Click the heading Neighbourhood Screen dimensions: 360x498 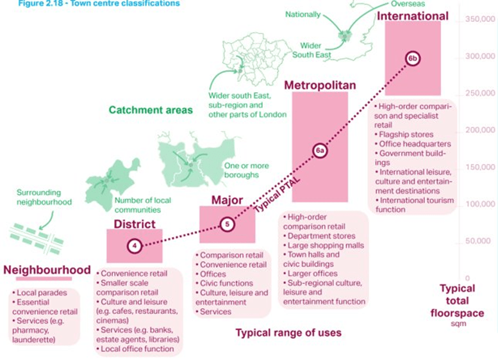pyautogui.click(x=47, y=270)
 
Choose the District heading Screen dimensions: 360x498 pyautogui.click(x=135, y=224)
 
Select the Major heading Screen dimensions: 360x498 pyautogui.click(x=227, y=200)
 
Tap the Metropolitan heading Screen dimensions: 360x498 pyautogui.click(x=320, y=85)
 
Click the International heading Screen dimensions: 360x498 pyautogui.click(x=413, y=15)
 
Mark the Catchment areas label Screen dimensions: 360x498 pyautogui.click(x=151, y=110)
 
